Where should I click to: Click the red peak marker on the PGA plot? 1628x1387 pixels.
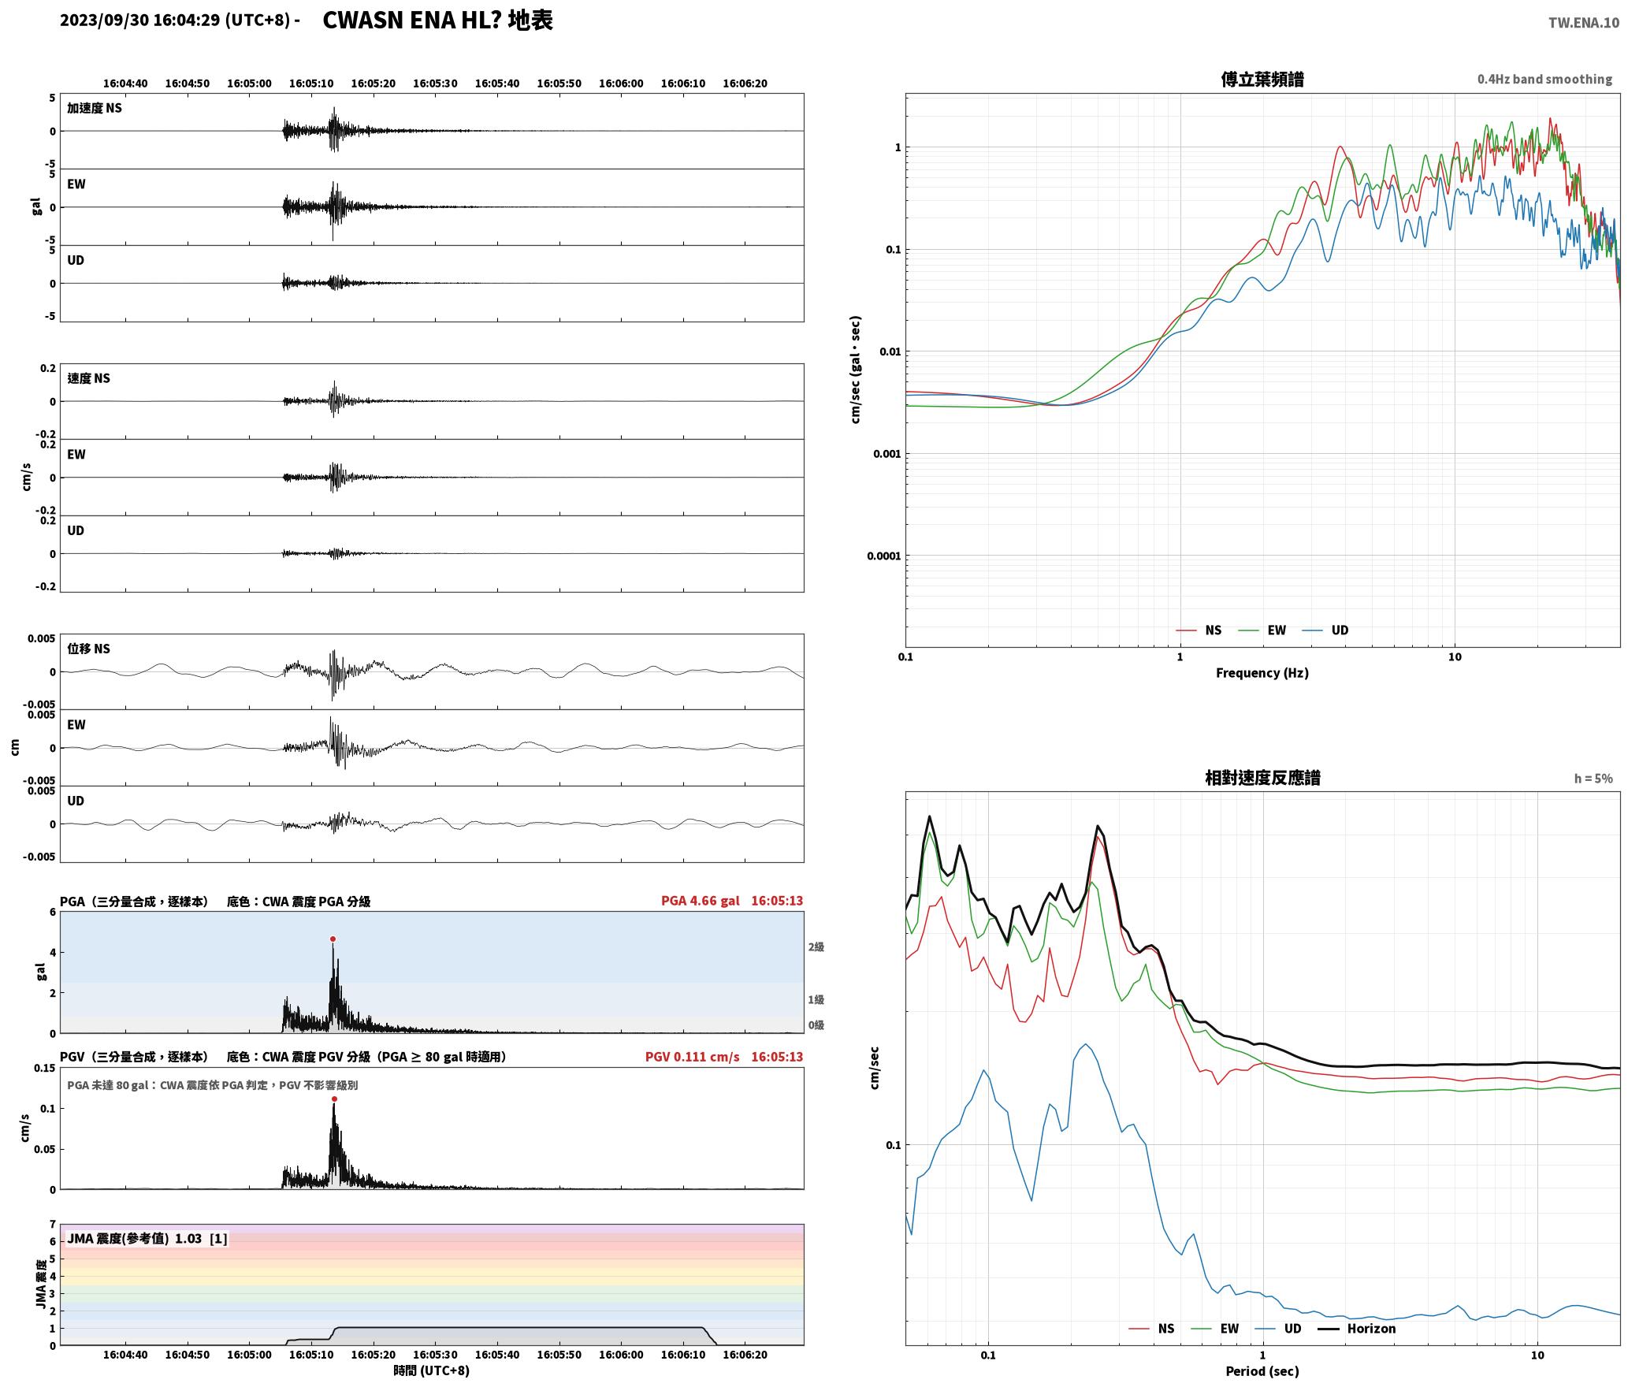coord(333,939)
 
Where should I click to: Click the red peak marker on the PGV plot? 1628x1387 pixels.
coord(334,1099)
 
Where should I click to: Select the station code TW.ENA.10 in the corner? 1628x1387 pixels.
coord(1584,23)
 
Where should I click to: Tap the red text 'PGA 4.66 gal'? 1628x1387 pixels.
coord(700,901)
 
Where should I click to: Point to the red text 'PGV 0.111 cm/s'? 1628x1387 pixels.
coord(692,1057)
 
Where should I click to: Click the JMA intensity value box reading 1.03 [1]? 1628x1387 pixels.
coord(147,1238)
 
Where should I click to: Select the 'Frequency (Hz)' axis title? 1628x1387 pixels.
coord(1262,672)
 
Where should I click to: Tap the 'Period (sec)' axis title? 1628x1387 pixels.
coord(1262,1370)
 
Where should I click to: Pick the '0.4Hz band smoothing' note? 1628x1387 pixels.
coord(1544,79)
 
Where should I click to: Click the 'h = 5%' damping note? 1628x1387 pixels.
coord(1593,778)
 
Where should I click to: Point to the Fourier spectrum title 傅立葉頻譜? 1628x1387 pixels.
coord(1262,79)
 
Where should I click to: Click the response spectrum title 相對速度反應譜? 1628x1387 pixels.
coord(1262,777)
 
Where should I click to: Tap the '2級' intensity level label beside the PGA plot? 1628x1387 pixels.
coord(816,946)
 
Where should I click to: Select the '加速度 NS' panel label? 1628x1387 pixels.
coord(95,108)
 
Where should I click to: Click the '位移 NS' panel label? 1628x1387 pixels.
coord(88,649)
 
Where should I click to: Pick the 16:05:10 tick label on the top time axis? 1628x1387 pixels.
coord(311,83)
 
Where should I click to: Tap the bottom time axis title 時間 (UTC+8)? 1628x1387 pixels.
coord(431,1370)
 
